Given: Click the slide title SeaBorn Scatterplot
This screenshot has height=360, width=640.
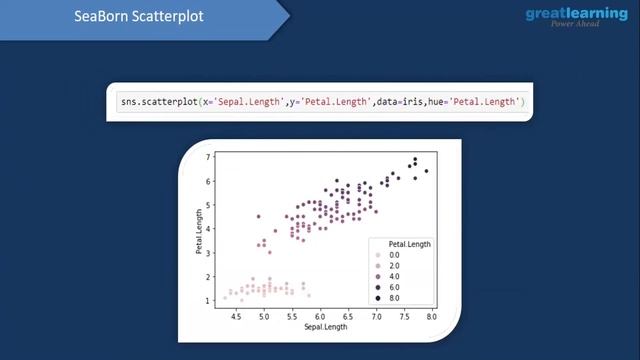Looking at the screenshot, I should [138, 17].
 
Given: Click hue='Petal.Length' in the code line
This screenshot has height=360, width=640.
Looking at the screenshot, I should [479, 103].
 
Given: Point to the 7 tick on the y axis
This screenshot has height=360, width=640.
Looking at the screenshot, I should [209, 157].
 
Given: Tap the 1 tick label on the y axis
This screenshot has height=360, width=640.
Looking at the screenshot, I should [209, 300].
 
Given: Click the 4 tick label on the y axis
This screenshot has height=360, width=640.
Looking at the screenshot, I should [209, 229].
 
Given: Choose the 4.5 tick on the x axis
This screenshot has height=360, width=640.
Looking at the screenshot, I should [236, 316].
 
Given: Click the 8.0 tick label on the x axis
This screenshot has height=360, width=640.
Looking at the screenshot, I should [431, 316].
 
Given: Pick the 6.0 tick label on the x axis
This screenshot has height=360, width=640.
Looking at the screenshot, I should [320, 316].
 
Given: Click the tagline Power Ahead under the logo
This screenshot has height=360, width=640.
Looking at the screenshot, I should [574, 25].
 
